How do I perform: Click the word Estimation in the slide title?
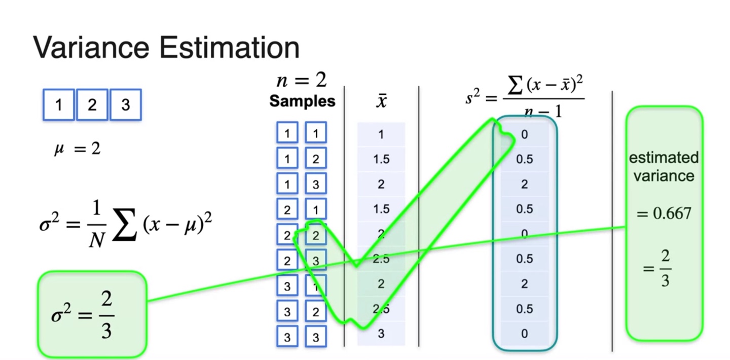229,48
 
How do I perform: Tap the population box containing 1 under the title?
59,105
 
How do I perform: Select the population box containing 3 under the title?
125,105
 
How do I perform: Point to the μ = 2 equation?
77,149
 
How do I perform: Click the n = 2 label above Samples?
301,80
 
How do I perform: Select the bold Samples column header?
302,101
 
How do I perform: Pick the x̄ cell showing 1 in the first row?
381,134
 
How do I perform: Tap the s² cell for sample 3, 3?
524,334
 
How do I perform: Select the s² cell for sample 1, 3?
524,184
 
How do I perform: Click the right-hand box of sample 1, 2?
315,159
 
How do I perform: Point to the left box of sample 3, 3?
287,337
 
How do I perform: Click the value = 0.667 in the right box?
664,213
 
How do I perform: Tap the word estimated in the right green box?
663,158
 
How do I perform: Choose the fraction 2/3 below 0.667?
665,269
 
